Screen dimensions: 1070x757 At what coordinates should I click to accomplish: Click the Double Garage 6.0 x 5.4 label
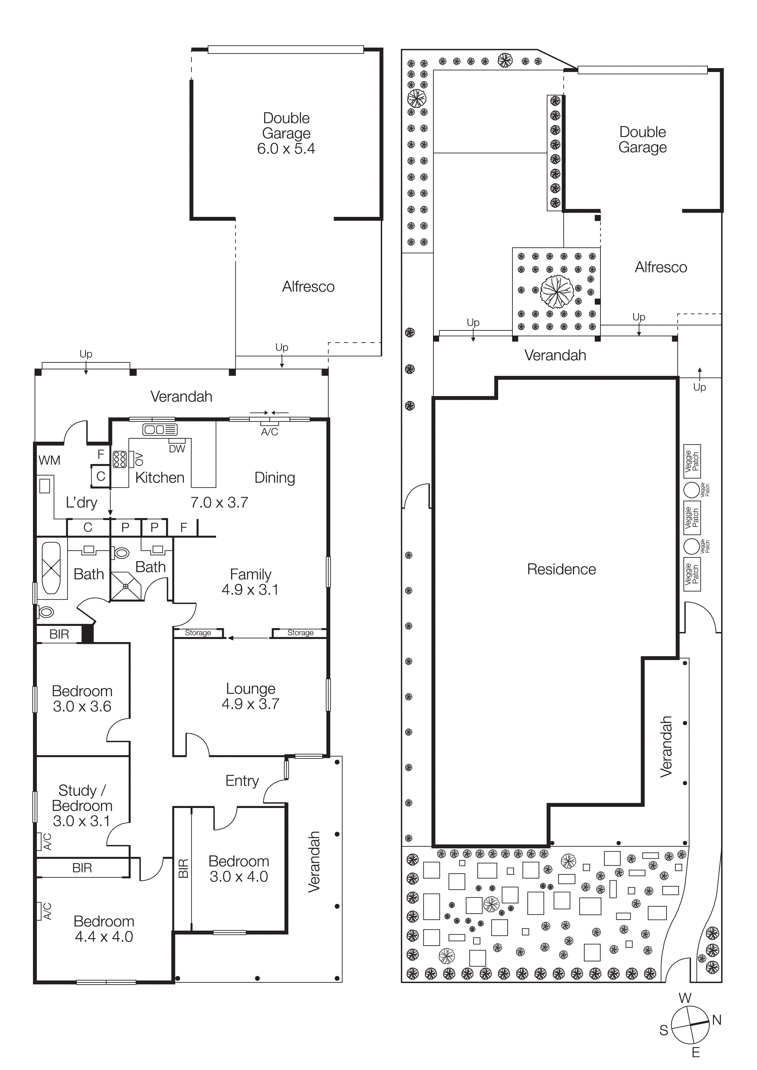click(286, 133)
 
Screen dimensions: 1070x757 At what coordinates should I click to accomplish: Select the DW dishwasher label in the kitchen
click(177, 449)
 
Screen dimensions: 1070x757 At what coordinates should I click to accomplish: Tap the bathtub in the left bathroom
click(51, 567)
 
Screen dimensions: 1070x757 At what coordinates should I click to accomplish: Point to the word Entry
click(242, 781)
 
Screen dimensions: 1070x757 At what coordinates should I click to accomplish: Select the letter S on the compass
click(663, 1030)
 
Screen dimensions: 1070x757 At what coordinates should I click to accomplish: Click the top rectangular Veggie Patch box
click(692, 461)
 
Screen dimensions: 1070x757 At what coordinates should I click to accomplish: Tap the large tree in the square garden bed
click(556, 292)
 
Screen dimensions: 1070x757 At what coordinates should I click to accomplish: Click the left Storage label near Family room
click(198, 632)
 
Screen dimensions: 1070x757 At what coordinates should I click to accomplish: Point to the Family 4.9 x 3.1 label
click(251, 582)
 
